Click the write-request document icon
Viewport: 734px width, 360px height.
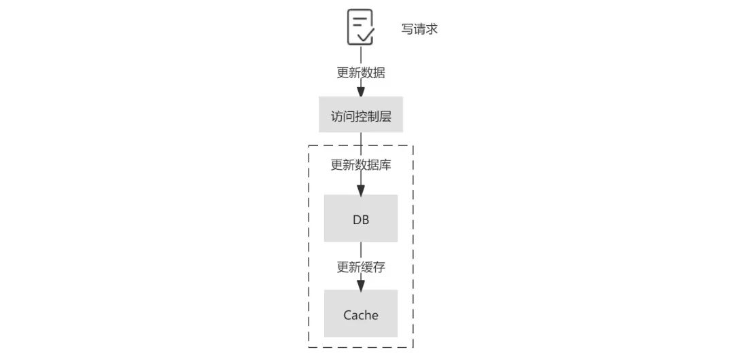(x=360, y=26)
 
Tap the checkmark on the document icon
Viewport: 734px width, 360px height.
(x=366, y=34)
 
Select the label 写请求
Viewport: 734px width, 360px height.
(x=419, y=29)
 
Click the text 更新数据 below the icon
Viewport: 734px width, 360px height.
(x=361, y=73)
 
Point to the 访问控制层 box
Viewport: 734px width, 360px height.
(x=361, y=115)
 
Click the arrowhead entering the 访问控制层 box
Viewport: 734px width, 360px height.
(x=361, y=92)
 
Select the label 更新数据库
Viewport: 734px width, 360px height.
(x=361, y=165)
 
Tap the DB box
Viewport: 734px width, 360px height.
(x=361, y=219)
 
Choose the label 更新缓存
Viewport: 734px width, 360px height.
(x=361, y=267)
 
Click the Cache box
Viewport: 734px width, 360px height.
(x=361, y=314)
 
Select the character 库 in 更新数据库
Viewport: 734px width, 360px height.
(x=385, y=165)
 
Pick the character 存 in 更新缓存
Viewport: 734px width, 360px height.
(x=379, y=267)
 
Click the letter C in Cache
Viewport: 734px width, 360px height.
(x=347, y=314)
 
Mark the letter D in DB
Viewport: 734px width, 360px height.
(x=357, y=220)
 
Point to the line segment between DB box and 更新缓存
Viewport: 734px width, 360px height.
(x=361, y=250)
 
